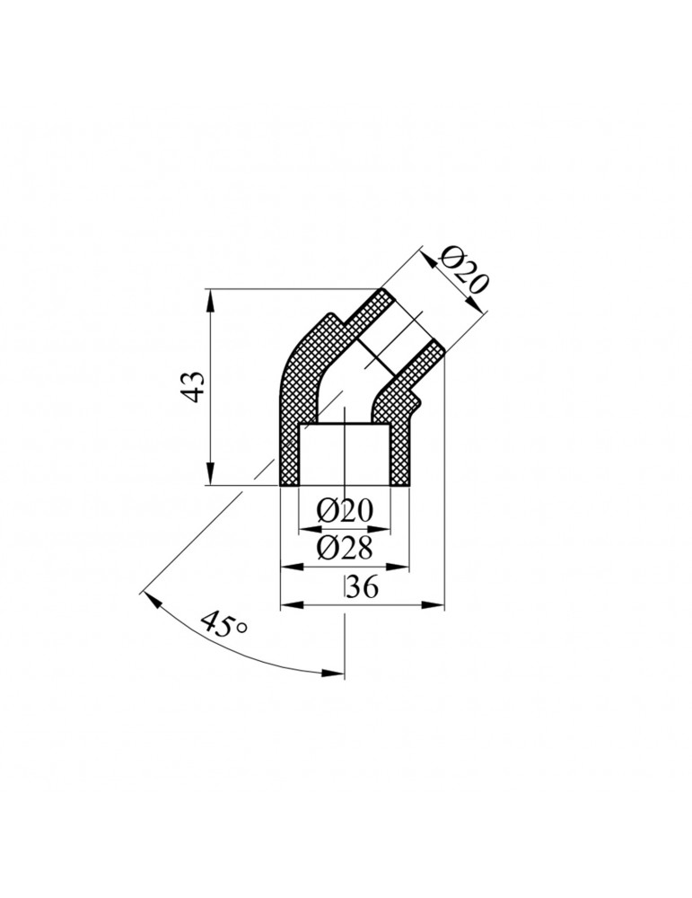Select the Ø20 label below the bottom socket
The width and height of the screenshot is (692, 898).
pos(345,511)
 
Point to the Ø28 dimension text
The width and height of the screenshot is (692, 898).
pos(345,548)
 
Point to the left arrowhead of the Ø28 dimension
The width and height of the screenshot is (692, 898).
pos(289,566)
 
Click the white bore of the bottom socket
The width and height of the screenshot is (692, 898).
pos(345,453)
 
